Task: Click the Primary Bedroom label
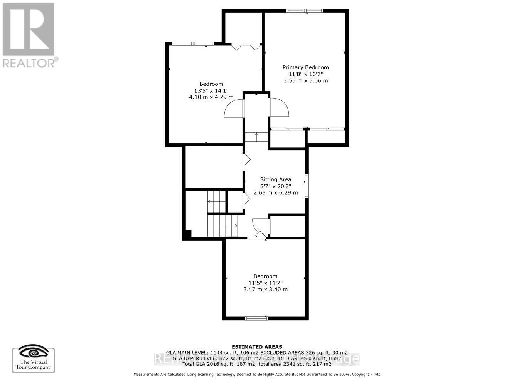click(x=305, y=67)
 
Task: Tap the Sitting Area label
click(x=275, y=179)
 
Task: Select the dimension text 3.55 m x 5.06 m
click(x=305, y=80)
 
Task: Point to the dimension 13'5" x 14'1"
click(x=211, y=91)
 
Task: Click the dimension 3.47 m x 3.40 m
click(x=265, y=290)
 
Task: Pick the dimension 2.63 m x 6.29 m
click(x=275, y=192)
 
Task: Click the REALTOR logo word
click(x=29, y=62)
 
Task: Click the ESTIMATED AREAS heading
click(x=256, y=347)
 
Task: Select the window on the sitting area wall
click(x=307, y=186)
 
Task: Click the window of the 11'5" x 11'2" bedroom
click(x=257, y=318)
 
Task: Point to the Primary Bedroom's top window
click(x=305, y=11)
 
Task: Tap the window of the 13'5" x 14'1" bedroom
click(x=193, y=44)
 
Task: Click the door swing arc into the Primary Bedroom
click(x=279, y=107)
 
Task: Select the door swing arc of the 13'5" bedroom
click(x=234, y=109)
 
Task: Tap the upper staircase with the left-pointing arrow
click(x=216, y=201)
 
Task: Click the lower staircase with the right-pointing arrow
click(x=222, y=226)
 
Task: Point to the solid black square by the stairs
click(x=187, y=234)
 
